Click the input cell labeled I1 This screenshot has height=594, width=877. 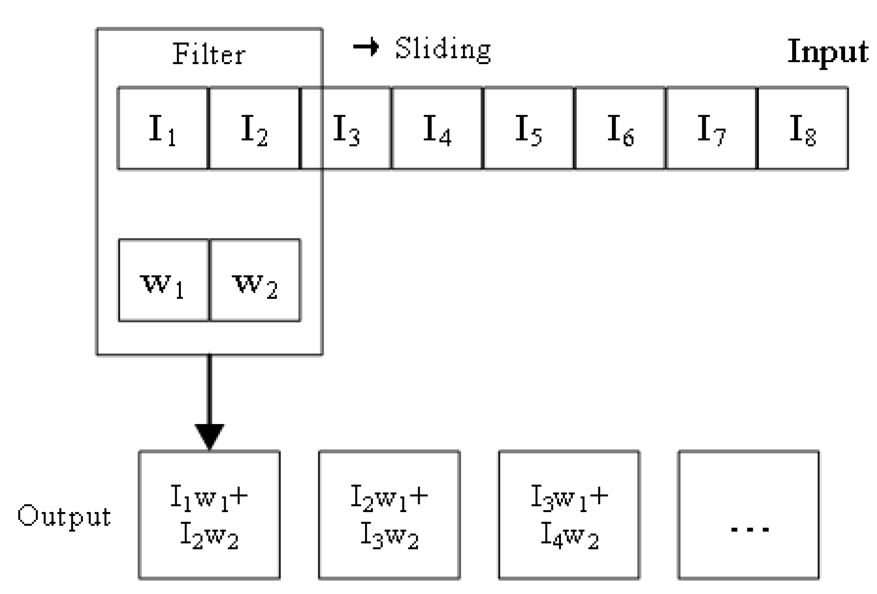[162, 128]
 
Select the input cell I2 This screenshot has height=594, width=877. [254, 128]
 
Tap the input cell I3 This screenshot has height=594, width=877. [346, 128]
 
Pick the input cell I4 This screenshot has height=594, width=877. [437, 128]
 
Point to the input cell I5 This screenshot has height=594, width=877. [528, 128]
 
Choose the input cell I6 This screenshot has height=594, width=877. [620, 128]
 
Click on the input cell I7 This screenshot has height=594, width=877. [711, 128]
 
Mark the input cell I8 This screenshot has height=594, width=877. [803, 128]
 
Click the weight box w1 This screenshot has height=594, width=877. [163, 281]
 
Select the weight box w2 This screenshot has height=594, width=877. [255, 281]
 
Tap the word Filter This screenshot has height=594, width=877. [209, 54]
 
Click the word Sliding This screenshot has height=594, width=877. [443, 49]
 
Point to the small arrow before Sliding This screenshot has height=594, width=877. [365, 47]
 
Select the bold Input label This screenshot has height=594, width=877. [828, 51]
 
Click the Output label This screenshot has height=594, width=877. [64, 516]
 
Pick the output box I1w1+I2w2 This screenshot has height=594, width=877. [209, 515]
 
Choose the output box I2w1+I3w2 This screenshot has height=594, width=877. [389, 515]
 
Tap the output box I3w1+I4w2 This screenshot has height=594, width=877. [569, 515]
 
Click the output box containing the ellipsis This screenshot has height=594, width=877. [748, 515]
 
